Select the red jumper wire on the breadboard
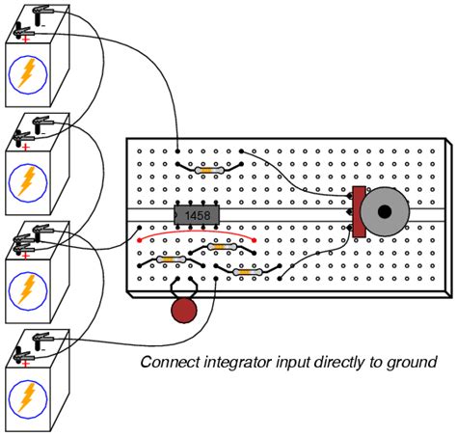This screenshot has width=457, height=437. click(197, 232)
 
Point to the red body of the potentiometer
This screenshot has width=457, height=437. click(359, 211)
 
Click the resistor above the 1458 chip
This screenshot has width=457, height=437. click(210, 170)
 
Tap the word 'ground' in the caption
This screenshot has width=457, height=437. click(413, 364)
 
